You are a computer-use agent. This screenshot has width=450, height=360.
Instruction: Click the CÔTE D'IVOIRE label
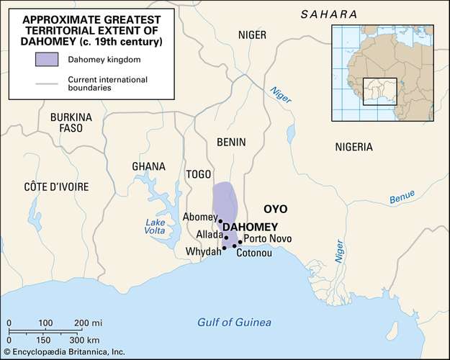[56, 186]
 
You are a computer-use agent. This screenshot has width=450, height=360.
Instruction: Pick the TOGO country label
[198, 174]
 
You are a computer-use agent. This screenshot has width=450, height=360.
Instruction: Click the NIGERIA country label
[354, 147]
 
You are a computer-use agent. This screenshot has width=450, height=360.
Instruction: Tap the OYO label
[275, 209]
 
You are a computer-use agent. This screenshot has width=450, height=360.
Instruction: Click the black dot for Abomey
[220, 222]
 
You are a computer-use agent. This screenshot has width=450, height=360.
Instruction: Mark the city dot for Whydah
[225, 248]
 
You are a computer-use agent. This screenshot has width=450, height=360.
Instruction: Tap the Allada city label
[210, 235]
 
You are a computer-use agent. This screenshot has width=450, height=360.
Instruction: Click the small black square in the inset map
[375, 91]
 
